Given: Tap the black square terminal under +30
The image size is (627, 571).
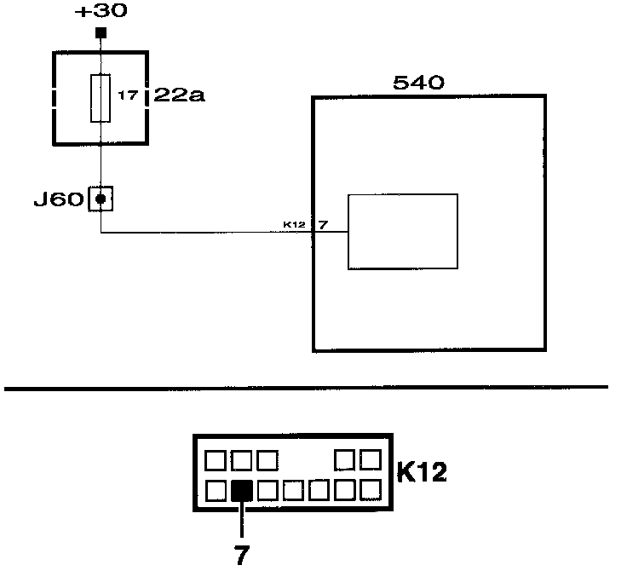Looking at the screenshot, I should click(x=101, y=33).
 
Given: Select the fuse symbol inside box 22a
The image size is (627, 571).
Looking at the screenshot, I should click(x=101, y=97).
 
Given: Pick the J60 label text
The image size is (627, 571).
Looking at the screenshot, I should click(x=58, y=200).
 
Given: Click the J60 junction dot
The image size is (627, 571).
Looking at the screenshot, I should click(x=101, y=199).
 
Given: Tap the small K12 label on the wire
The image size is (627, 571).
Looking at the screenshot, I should click(x=294, y=225).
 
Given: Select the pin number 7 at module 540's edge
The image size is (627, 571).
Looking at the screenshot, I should click(x=322, y=225).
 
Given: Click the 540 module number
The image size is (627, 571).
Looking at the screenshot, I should click(x=419, y=83).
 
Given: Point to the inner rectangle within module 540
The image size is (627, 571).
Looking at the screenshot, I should click(x=402, y=232).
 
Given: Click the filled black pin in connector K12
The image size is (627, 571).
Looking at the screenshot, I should click(x=242, y=490).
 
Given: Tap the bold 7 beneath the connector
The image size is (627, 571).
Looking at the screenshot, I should click(x=242, y=555).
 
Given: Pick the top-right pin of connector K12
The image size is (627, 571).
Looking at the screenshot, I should click(x=371, y=460).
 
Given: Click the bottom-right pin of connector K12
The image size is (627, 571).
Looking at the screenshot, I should click(x=371, y=490).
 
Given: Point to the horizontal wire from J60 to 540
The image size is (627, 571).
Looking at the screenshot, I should click(x=204, y=232).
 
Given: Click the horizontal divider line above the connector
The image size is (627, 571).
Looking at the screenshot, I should click(x=307, y=389).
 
